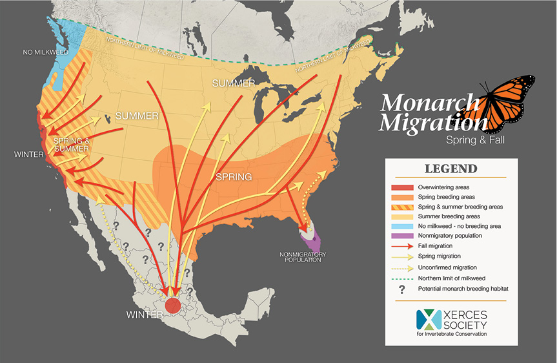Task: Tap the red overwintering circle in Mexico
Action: point(173,306)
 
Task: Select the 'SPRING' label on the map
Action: point(234,176)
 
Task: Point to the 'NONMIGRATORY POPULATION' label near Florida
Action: point(303,257)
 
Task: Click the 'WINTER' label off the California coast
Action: point(28,155)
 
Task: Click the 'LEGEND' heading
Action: point(451,169)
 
